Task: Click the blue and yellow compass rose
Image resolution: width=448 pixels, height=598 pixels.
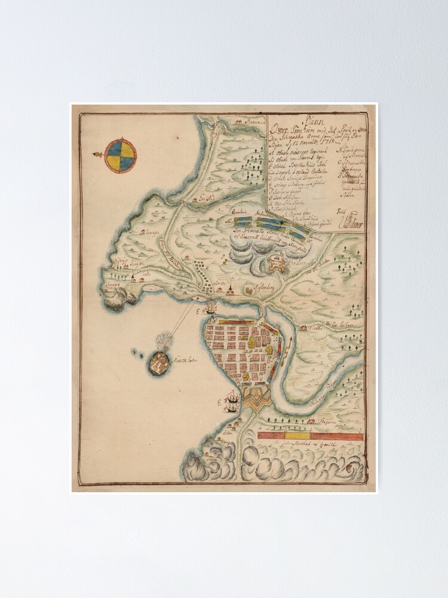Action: (121, 155)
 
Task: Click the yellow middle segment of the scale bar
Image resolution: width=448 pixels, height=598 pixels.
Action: (294, 436)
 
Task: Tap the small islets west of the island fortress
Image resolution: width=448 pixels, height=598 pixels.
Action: (137, 353)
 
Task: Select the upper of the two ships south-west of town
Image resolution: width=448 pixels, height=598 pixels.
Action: (232, 396)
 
